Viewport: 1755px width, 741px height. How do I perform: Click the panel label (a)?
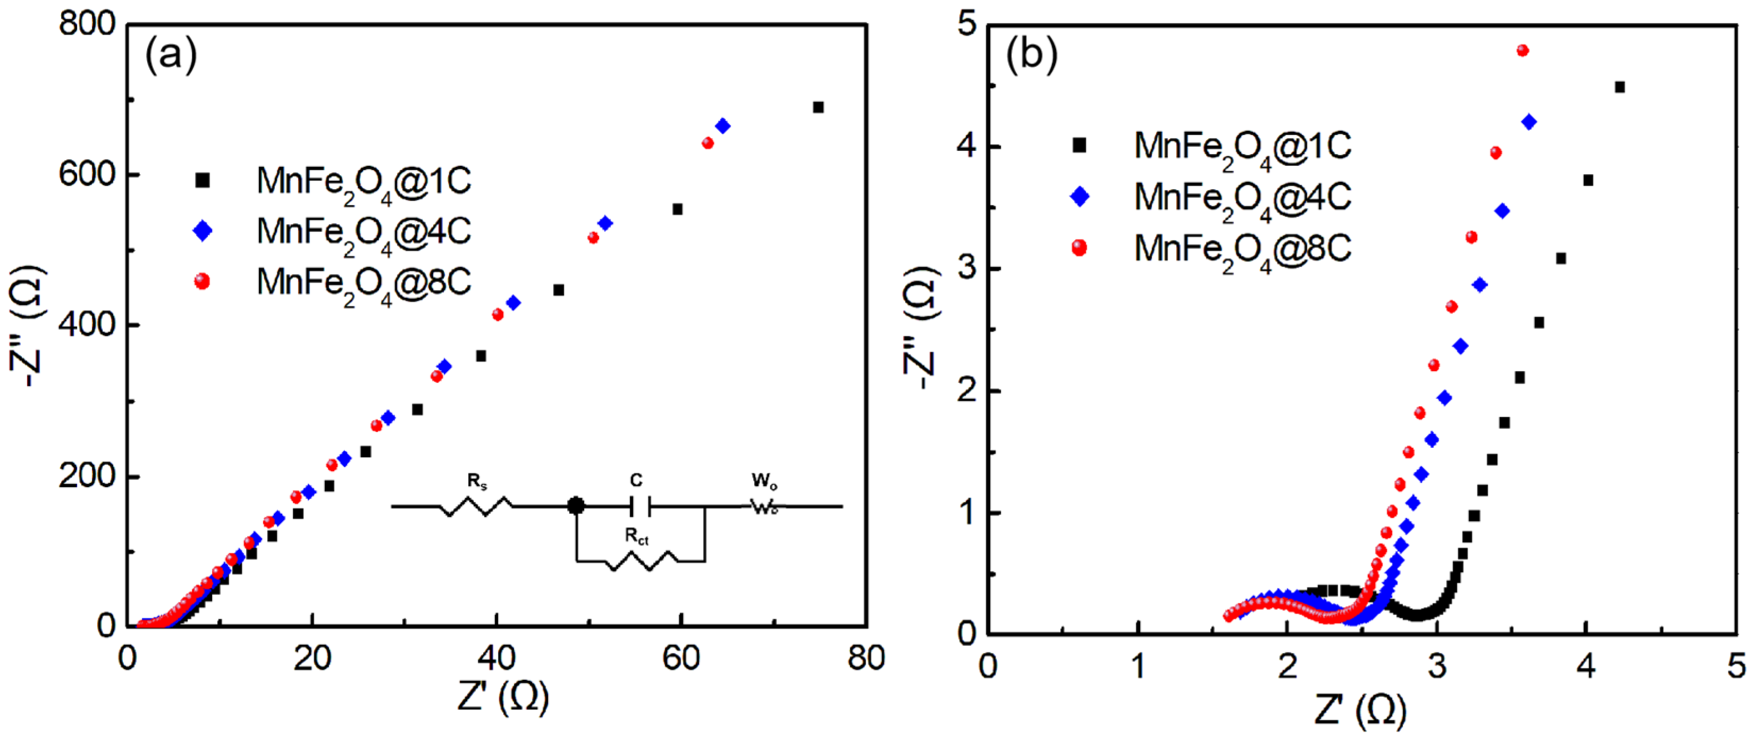point(170,55)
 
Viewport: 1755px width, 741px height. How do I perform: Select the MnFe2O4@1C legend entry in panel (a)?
point(363,181)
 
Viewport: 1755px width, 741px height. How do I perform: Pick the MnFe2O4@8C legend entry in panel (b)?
point(1241,248)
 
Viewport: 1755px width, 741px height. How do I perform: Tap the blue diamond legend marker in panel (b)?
point(1080,198)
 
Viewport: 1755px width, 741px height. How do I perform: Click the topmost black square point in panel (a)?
point(818,108)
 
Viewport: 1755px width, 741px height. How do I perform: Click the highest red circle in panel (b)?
point(1523,50)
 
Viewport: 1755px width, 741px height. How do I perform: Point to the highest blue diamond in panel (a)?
point(723,126)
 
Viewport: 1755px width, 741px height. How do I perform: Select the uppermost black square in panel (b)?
point(1620,87)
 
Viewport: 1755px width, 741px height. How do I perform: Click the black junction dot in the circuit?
point(576,506)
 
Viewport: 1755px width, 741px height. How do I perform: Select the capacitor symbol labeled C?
point(640,506)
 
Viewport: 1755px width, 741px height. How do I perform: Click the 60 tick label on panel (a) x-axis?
point(681,659)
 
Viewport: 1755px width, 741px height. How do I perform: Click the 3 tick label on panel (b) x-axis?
point(1437,666)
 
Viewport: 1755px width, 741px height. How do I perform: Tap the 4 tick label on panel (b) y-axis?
point(967,147)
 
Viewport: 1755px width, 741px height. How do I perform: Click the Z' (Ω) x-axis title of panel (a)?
point(503,697)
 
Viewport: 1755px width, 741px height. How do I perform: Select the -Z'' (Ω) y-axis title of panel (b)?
point(921,327)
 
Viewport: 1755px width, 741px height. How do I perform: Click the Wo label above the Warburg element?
point(764,481)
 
